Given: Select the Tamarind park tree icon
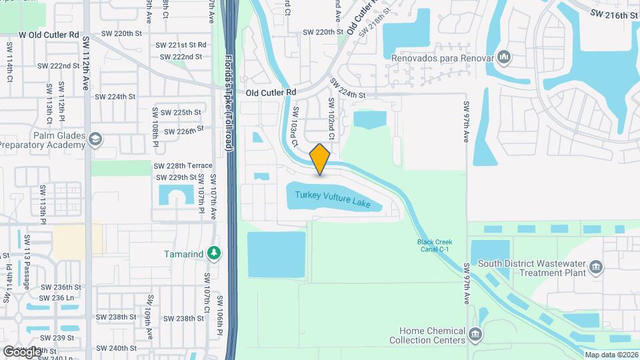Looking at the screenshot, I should tap(213, 253).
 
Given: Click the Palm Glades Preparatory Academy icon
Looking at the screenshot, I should tap(95, 139).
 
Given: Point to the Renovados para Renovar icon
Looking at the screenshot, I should tap(504, 58).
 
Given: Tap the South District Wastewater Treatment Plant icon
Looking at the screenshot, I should tap(596, 268).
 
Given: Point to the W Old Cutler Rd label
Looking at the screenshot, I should tap(49, 34).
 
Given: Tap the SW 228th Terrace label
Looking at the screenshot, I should tap(183, 165).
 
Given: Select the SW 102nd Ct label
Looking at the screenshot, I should tap(330, 118).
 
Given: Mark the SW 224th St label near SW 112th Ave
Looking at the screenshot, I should tap(117, 97).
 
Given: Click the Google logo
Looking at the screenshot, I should tap(21, 351).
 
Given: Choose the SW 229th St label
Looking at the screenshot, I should tap(176, 177).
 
